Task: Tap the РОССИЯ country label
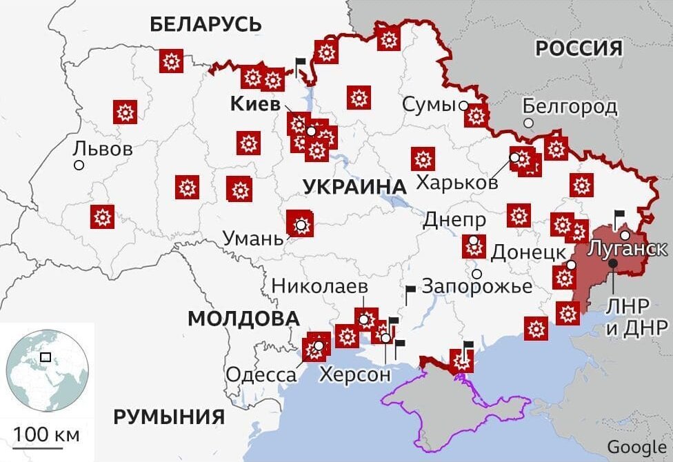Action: coord(579,48)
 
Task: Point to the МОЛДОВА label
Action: coord(243,319)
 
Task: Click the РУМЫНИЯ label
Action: coord(169,417)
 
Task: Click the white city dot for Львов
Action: coord(79,165)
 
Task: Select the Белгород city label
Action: coord(570,106)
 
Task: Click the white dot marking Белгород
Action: coord(528,123)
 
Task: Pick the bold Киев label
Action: coord(255,105)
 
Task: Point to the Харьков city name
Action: coord(457,183)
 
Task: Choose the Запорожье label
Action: coord(477,285)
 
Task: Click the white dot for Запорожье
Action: coord(476,274)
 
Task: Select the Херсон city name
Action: coord(354,374)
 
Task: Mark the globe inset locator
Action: coord(48,370)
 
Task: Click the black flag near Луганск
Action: coord(619,216)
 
